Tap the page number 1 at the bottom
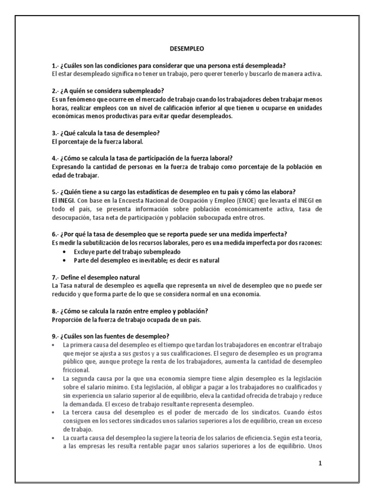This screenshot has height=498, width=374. click(320, 463)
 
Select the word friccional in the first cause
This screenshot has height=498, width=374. click(79, 370)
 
